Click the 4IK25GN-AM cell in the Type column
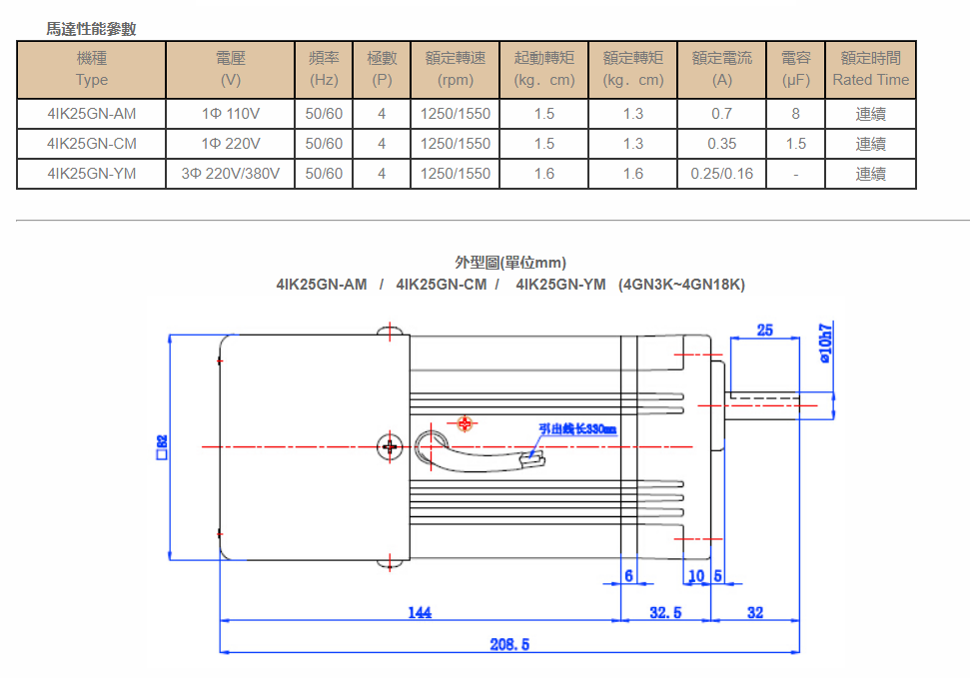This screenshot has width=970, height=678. pyautogui.click(x=92, y=114)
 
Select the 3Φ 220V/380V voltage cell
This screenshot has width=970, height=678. pyautogui.click(x=230, y=174)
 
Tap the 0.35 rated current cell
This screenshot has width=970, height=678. pyautogui.click(x=721, y=144)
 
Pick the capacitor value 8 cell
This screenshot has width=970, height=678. pyautogui.click(x=795, y=114)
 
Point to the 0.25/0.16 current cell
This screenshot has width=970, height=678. pyautogui.click(x=721, y=174)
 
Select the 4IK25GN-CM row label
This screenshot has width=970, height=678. pyautogui.click(x=92, y=144)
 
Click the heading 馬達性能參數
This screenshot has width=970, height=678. pyautogui.click(x=91, y=29)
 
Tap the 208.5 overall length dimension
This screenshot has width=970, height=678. pyautogui.click(x=508, y=644)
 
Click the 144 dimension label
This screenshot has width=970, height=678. pyautogui.click(x=420, y=612)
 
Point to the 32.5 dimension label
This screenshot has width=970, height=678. pyautogui.click(x=665, y=612)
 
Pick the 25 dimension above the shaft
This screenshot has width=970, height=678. pyautogui.click(x=765, y=331)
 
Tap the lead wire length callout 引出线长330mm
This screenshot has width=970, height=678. pyautogui.click(x=576, y=429)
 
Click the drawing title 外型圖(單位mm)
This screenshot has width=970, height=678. pyautogui.click(x=510, y=263)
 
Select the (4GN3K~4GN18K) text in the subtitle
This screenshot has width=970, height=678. pyautogui.click(x=681, y=285)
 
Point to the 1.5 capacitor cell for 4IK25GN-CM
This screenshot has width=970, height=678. pyautogui.click(x=795, y=144)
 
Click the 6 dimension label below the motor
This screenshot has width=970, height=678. pyautogui.click(x=628, y=576)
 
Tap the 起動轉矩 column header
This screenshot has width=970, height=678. pyautogui.click(x=544, y=69)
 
